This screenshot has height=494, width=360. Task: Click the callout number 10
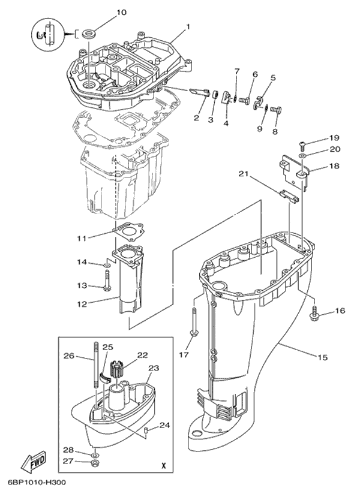tap(121, 12)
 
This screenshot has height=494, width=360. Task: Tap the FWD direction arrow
tap(35, 462)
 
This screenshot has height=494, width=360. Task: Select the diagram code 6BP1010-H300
tap(37, 481)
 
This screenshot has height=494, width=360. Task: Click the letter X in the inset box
tap(163, 465)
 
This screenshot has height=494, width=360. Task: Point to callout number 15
tap(322, 358)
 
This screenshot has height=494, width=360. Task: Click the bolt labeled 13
tap(107, 281)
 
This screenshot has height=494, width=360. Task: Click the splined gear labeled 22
tap(118, 366)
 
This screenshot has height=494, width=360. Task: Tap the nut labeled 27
tap(94, 462)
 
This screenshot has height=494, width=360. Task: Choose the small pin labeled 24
tap(146, 430)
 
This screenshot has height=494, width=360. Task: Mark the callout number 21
tap(243, 174)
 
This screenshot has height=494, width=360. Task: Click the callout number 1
tap(187, 26)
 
